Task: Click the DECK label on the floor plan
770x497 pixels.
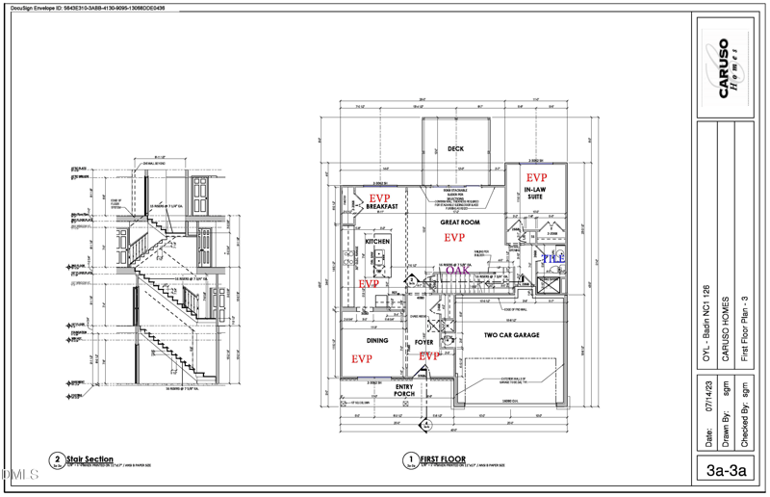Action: click(456, 148)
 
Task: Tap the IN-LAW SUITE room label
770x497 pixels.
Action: click(535, 192)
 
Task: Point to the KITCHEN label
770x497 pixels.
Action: click(377, 241)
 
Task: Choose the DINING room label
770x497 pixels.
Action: click(377, 340)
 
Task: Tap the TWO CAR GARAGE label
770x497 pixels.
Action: click(511, 335)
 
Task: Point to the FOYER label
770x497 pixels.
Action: click(424, 342)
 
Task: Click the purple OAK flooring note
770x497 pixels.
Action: click(457, 271)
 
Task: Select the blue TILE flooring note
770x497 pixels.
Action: click(552, 259)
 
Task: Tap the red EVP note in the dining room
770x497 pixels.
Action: click(361, 358)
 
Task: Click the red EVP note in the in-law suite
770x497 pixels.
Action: click(535, 177)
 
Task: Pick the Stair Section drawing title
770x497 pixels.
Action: click(92, 458)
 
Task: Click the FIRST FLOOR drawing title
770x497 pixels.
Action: click(443, 458)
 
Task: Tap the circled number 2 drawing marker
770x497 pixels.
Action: click(60, 460)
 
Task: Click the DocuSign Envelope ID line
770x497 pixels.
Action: click(88, 7)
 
